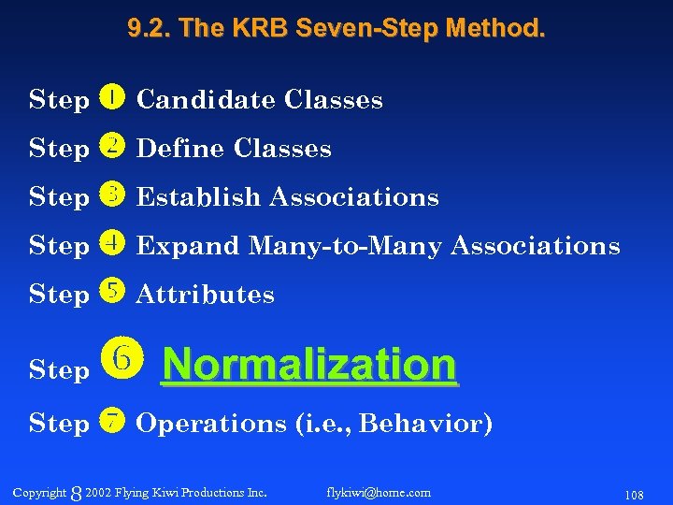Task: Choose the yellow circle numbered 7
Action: point(110,422)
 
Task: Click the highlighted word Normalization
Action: point(309,364)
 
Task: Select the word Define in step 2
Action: point(181,148)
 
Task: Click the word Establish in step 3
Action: point(198,196)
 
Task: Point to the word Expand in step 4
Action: point(188,245)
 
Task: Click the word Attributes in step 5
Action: point(206,294)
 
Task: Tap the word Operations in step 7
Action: point(211,423)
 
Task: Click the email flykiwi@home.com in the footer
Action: point(379,492)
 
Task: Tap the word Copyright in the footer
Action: point(40,492)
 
